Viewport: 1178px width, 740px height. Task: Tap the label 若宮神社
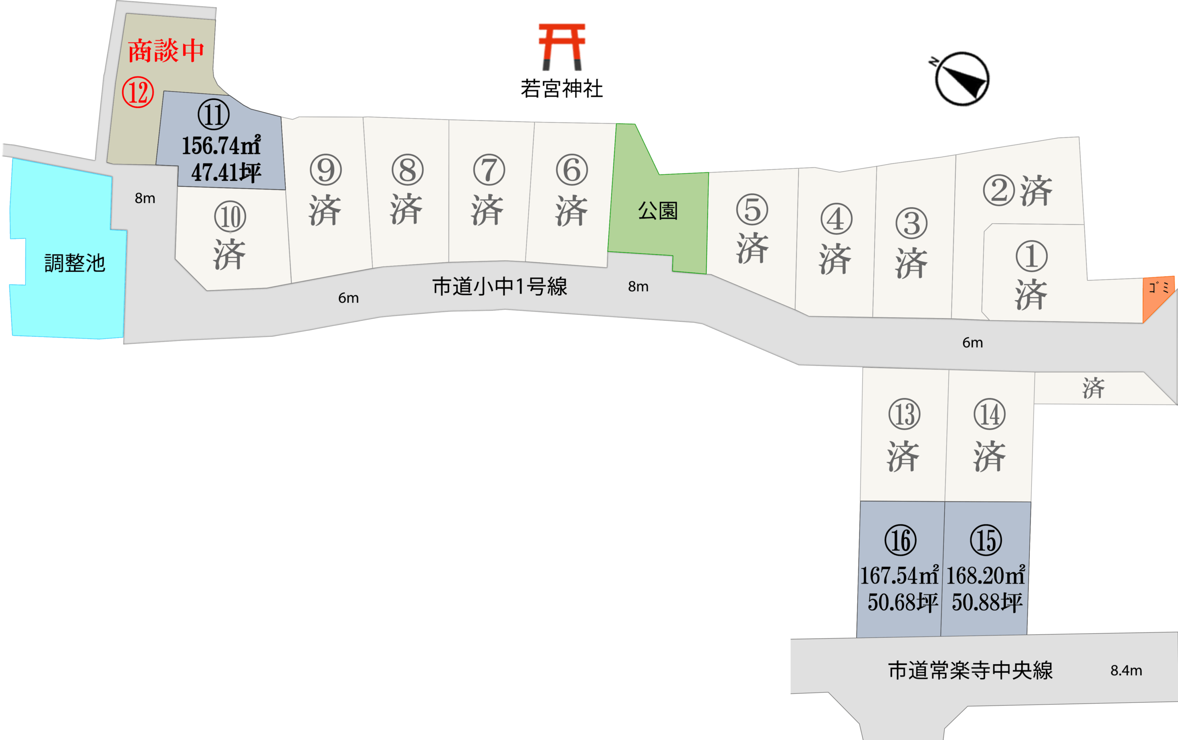(561, 89)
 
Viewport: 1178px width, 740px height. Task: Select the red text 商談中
(166, 51)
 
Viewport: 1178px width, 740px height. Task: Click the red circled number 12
(138, 92)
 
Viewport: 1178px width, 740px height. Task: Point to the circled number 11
(214, 115)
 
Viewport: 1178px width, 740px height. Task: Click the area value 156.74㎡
(221, 145)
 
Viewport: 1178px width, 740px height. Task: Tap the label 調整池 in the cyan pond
(75, 263)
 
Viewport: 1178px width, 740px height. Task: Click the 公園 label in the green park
(658, 211)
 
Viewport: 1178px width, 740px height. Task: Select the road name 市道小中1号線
(499, 287)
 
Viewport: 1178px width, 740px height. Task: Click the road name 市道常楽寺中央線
(970, 670)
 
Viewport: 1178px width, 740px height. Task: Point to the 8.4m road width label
(1126, 671)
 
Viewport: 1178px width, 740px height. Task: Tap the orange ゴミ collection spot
(1158, 296)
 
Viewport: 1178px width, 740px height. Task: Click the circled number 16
(901, 540)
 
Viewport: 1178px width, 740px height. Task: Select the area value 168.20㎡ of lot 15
(985, 576)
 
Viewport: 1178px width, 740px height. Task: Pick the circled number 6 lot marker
(572, 170)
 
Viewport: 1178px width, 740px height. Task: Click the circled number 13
(905, 414)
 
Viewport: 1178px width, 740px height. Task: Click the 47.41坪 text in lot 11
(226, 173)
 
